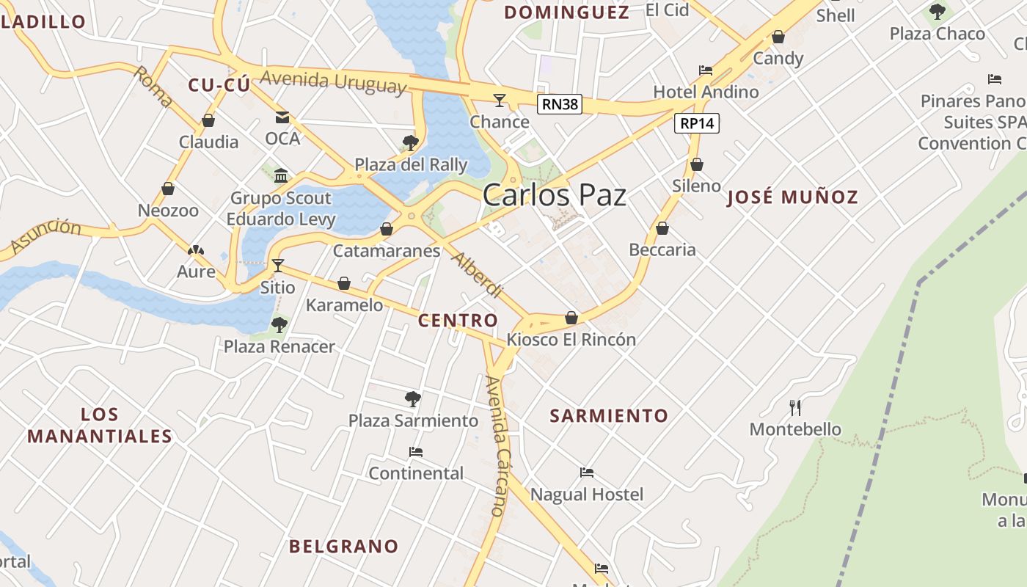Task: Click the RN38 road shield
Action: pos(560,104)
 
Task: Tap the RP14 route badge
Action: pos(696,123)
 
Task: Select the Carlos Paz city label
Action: pos(555,195)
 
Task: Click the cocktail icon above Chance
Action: pos(500,100)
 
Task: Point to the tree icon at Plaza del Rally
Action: pos(411,142)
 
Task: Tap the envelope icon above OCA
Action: pos(282,117)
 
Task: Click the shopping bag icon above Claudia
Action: pos(208,120)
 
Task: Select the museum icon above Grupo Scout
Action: pos(281,175)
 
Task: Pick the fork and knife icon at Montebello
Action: pos(795,407)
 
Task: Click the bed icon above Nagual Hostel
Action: pos(587,473)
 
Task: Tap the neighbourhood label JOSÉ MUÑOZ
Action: pos(792,197)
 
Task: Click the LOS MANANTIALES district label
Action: pos(100,425)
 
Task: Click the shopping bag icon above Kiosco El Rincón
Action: pos(571,318)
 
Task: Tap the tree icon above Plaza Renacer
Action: pos(279,324)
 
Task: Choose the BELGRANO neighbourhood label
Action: pos(343,546)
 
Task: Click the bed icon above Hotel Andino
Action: pos(706,70)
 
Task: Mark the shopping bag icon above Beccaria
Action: pos(662,228)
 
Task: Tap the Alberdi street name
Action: pos(476,275)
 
